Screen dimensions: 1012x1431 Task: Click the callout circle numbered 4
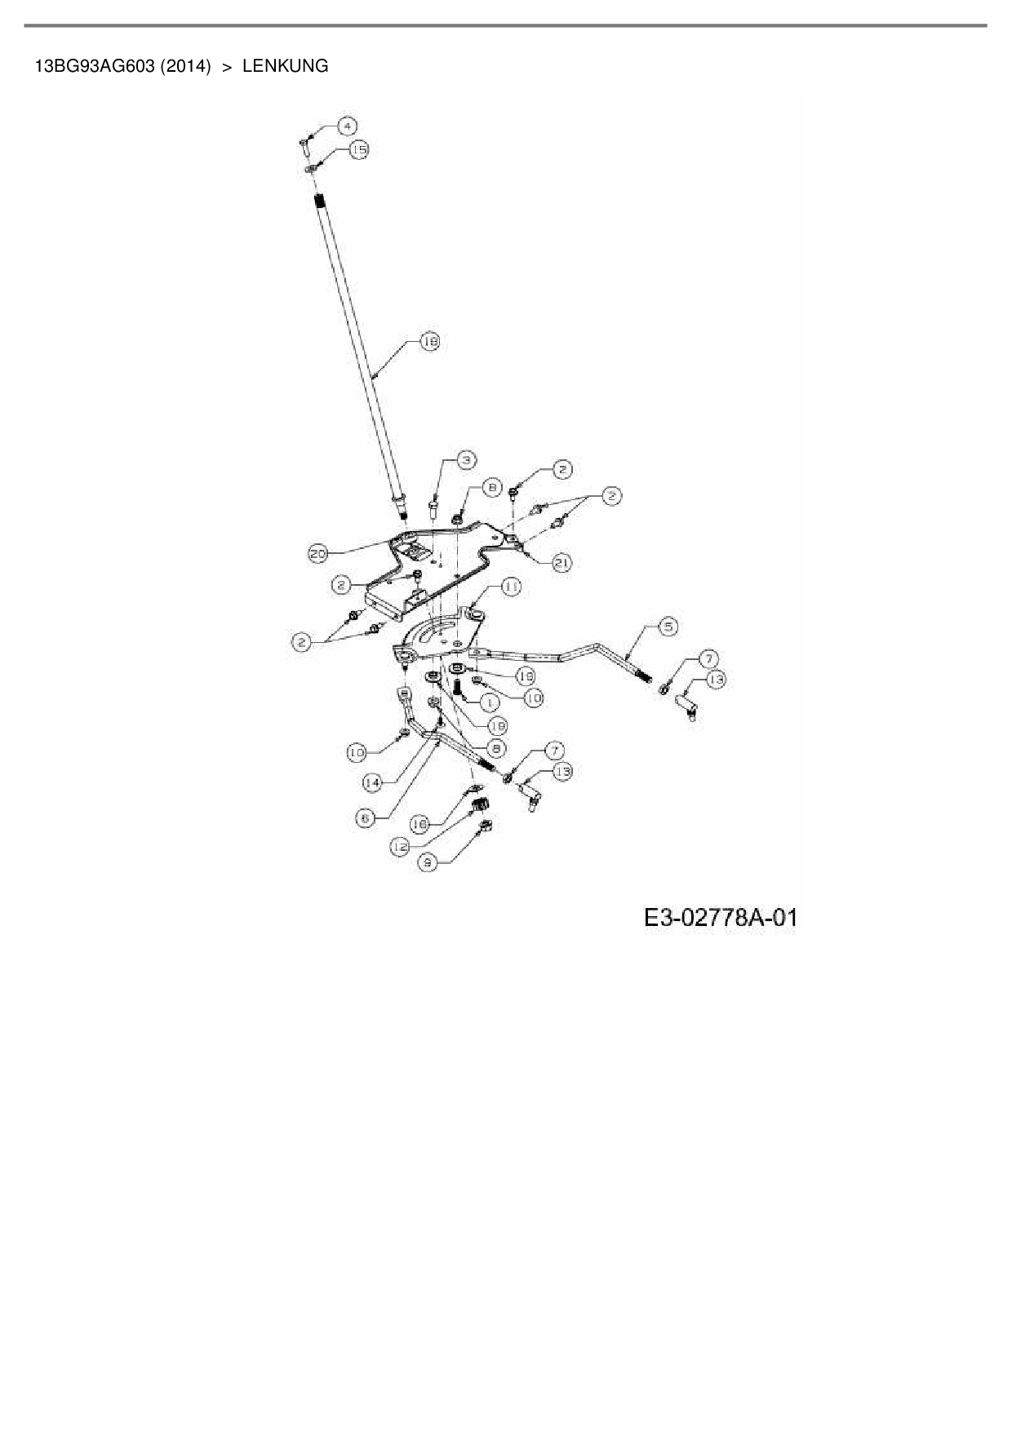click(x=347, y=126)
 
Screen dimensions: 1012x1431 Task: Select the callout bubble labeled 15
click(x=359, y=149)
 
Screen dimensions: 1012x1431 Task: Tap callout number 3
click(x=466, y=460)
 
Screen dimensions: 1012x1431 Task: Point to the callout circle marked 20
click(x=317, y=554)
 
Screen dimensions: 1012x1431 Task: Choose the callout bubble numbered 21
click(x=562, y=562)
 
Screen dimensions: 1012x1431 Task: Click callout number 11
click(x=512, y=587)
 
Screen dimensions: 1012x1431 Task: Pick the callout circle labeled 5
click(x=668, y=627)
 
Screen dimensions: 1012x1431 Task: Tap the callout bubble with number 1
click(x=490, y=702)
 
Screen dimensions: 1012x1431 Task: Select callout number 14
click(x=372, y=782)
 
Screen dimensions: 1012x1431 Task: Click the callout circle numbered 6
click(x=365, y=818)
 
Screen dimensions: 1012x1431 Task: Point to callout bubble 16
click(x=420, y=825)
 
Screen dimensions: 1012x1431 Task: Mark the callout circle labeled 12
click(x=401, y=848)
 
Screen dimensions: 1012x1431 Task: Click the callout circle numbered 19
click(x=525, y=676)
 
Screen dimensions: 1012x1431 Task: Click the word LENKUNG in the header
click(x=285, y=66)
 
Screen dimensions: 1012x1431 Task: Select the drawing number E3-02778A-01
click(x=721, y=918)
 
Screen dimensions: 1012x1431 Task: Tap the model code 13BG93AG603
click(x=94, y=66)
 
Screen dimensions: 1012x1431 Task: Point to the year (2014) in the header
click(x=185, y=66)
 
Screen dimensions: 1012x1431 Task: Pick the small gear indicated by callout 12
click(x=482, y=805)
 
